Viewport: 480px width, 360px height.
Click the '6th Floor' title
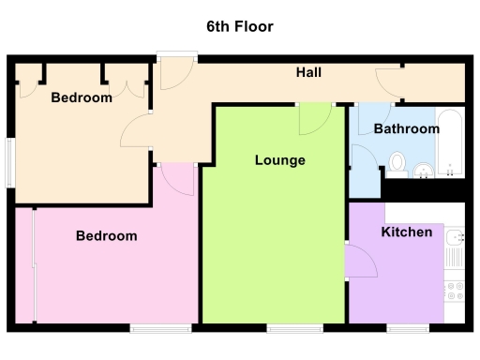pos(240,26)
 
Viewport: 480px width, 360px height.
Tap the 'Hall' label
pos(309,72)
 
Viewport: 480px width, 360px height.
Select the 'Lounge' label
pos(279,160)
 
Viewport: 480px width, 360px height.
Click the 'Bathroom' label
pos(406,128)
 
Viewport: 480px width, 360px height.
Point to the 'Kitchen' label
pos(406,232)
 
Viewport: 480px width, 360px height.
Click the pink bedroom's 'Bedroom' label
pos(106,236)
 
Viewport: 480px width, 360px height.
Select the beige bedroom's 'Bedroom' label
pos(82,97)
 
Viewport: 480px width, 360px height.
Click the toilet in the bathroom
pos(397,163)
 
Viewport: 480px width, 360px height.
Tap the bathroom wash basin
pos(424,169)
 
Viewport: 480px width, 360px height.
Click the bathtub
pos(452,144)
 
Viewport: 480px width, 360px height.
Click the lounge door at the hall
pos(313,118)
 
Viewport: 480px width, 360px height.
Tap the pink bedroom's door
pos(177,178)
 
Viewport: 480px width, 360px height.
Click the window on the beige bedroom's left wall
pos(10,160)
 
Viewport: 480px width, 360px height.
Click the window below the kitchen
pos(408,328)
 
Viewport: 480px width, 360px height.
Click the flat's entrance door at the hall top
pos(174,70)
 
